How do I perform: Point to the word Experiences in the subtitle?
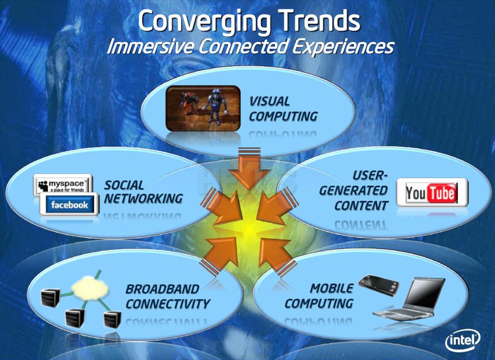(x=344, y=47)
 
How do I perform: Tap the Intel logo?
(x=463, y=340)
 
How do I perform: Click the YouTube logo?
(x=432, y=192)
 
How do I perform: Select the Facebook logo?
(x=69, y=205)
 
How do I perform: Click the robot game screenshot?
(x=203, y=108)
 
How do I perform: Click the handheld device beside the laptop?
(x=379, y=285)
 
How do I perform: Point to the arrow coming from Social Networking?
(x=223, y=207)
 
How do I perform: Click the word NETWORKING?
(x=144, y=199)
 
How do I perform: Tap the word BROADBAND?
(x=162, y=289)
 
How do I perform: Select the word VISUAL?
(x=269, y=101)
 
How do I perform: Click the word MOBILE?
(x=332, y=288)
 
